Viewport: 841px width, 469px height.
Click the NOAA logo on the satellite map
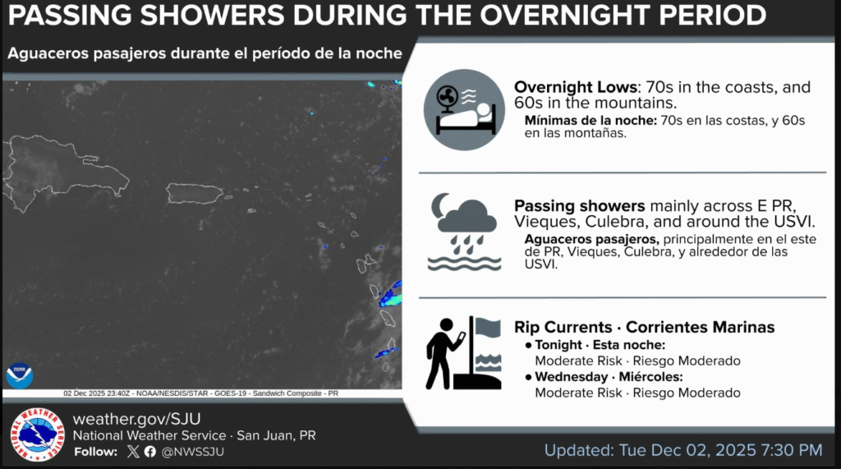click(19, 375)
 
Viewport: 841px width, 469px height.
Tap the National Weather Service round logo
click(37, 434)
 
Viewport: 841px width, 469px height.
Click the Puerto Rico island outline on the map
click(195, 194)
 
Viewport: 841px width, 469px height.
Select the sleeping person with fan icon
click(464, 110)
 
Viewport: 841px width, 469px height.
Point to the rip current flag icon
click(464, 352)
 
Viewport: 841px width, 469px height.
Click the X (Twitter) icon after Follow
click(134, 451)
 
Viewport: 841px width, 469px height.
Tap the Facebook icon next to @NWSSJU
click(150, 451)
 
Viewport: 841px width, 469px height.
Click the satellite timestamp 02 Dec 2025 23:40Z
click(95, 393)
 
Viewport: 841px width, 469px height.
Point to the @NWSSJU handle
click(193, 451)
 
